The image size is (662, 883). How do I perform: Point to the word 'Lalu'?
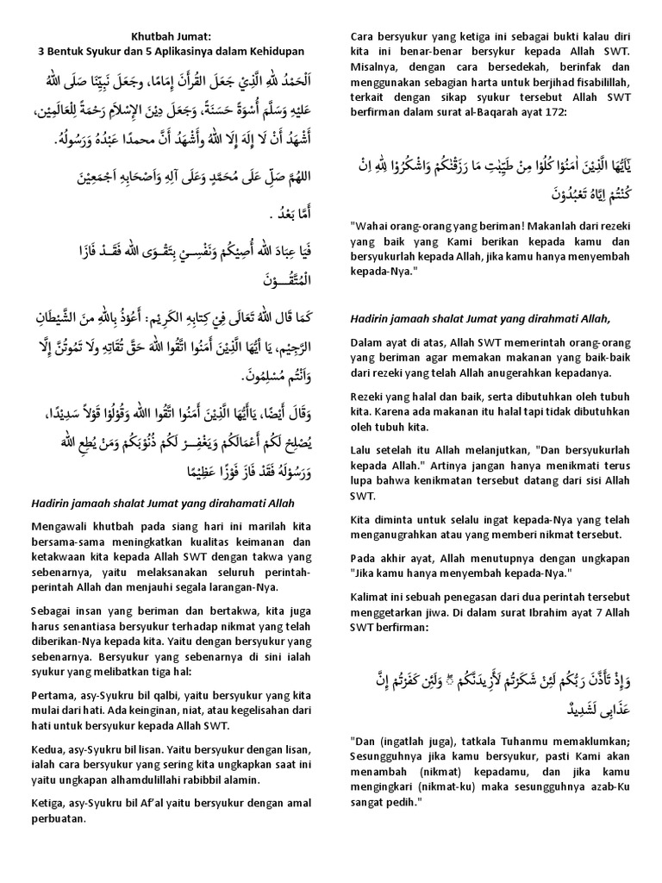point(362,449)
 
